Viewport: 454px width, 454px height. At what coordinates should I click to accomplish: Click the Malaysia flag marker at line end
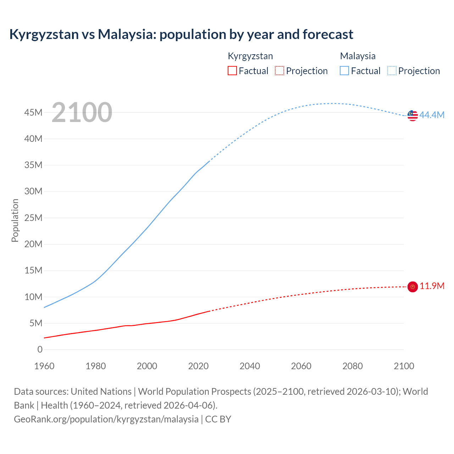[x=413, y=115]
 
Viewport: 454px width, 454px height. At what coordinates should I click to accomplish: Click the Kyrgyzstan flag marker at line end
[x=413, y=287]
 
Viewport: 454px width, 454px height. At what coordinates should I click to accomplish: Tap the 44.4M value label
[x=432, y=115]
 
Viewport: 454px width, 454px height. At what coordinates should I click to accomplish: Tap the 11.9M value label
[x=432, y=286]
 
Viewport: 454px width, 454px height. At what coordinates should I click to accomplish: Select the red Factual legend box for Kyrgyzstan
[x=232, y=71]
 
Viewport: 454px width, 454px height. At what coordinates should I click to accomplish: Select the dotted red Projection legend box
[x=279, y=71]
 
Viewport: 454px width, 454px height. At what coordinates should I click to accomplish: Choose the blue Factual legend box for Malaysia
[x=344, y=71]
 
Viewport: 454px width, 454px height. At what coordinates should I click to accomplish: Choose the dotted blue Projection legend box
[x=392, y=71]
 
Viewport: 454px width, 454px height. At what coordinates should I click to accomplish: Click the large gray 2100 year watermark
[x=82, y=112]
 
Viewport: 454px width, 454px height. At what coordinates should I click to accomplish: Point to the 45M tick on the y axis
[x=33, y=113]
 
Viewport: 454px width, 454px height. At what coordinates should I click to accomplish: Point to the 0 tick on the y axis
[x=40, y=350]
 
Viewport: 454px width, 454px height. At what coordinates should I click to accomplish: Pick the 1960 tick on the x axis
[x=44, y=366]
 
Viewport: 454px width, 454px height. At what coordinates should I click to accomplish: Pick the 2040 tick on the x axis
[x=250, y=366]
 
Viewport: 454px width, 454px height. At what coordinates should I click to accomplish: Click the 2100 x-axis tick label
[x=404, y=366]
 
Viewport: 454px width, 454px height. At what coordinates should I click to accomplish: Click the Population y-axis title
[x=15, y=220]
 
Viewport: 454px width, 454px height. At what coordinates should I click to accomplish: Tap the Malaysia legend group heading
[x=358, y=56]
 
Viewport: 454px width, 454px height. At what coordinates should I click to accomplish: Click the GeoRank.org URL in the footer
[x=106, y=419]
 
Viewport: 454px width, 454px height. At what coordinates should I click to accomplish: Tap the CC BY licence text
[x=218, y=419]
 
